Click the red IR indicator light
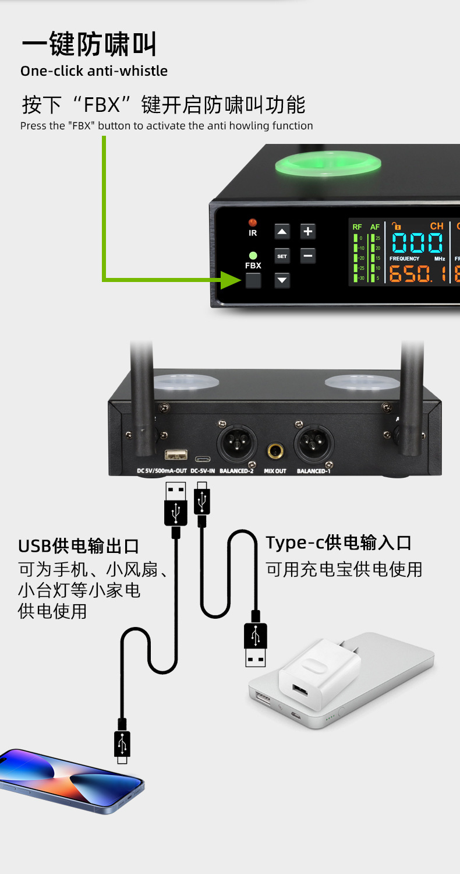pyautogui.click(x=253, y=222)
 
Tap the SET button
pyautogui.click(x=282, y=256)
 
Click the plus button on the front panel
pyautogui.click(x=308, y=231)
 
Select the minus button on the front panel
pyautogui.click(x=308, y=255)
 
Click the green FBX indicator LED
pyautogui.click(x=253, y=255)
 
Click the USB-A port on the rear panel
pyautogui.click(x=176, y=454)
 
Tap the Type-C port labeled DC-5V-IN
pyautogui.click(x=203, y=458)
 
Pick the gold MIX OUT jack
pyautogui.click(x=275, y=452)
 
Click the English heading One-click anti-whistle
pyautogui.click(x=94, y=71)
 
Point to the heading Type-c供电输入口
pyautogui.click(x=338, y=543)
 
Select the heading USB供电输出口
pyautogui.click(x=79, y=547)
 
